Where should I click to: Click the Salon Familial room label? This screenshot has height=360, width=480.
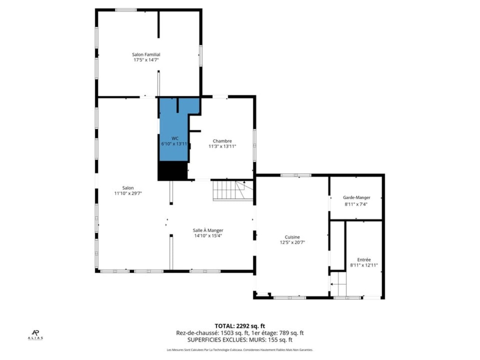[x=146, y=54]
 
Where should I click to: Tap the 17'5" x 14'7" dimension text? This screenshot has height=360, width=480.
[x=146, y=60]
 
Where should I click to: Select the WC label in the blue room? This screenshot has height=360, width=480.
[x=175, y=138]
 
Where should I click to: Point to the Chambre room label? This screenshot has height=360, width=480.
[x=222, y=141]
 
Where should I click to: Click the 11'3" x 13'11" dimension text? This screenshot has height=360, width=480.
[x=222, y=146]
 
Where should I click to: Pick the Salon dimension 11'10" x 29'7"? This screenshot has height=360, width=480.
[x=128, y=193]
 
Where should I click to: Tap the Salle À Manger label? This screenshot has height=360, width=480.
[x=208, y=230]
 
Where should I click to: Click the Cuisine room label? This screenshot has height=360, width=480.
[x=292, y=237]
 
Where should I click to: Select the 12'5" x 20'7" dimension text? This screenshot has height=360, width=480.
[x=292, y=242]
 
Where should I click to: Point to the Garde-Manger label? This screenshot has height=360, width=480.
[x=357, y=198]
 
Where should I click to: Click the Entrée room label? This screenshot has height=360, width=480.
[x=364, y=260]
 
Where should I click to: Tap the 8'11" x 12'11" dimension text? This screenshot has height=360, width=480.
[x=364, y=265]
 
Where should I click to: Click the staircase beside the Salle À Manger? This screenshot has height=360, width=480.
[x=233, y=190]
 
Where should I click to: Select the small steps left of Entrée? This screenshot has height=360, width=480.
[x=338, y=284]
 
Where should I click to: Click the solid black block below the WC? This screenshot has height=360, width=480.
[x=173, y=171]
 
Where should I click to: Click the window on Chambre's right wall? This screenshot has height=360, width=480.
[x=254, y=146]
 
